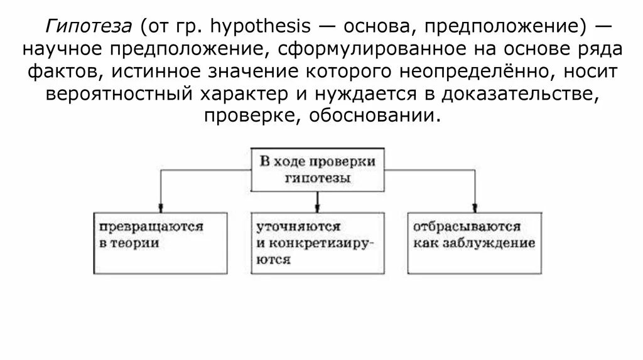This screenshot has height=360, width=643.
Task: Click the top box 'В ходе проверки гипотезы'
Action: point(318,169)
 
